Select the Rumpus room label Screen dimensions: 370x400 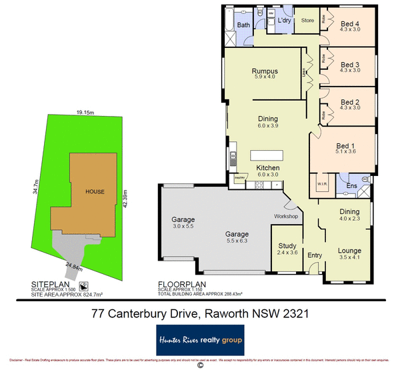265,71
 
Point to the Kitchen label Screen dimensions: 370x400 268,167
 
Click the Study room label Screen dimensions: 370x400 287,246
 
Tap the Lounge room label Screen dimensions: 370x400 349,251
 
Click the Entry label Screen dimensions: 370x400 315,255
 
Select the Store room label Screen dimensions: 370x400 307,21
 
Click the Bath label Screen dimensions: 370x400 244,25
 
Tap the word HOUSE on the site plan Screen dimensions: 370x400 95,191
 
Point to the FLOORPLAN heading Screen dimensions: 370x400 178,283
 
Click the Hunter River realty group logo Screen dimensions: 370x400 200,339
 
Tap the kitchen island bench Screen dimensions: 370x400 267,155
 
